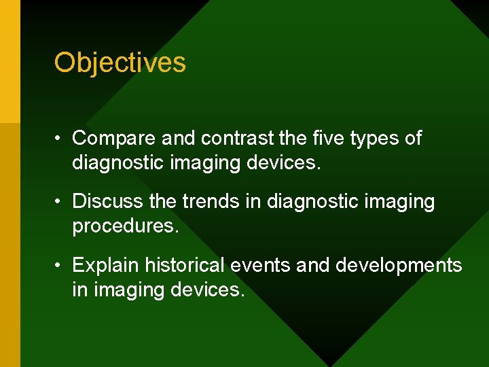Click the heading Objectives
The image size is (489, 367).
coord(120,63)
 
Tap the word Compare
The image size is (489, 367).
coord(113,139)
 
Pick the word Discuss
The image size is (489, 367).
coord(107,202)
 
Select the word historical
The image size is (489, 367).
coord(185,265)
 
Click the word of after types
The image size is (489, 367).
coord(413,139)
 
